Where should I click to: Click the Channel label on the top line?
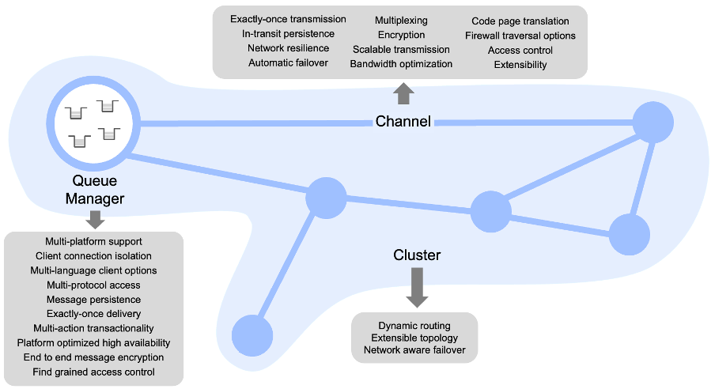click(x=403, y=122)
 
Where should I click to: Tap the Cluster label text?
click(x=417, y=255)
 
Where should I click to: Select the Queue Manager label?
click(x=94, y=190)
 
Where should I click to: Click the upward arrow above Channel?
click(x=403, y=95)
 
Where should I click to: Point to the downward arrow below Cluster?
click(x=417, y=288)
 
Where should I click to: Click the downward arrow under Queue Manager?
click(x=95, y=219)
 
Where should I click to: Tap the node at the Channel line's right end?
click(x=653, y=123)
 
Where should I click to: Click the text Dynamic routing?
click(x=414, y=326)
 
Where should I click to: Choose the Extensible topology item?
click(x=414, y=338)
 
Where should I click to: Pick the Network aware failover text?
click(x=414, y=350)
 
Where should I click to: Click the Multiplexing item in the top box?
click(x=401, y=20)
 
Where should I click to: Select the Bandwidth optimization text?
click(x=401, y=64)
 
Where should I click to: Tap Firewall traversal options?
click(x=520, y=36)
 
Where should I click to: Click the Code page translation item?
click(x=520, y=21)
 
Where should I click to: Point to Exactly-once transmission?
click(x=288, y=19)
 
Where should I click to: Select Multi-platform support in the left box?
click(x=93, y=241)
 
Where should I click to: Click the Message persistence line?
click(x=93, y=300)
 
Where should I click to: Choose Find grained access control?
click(x=93, y=372)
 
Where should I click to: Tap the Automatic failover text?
click(x=288, y=62)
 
